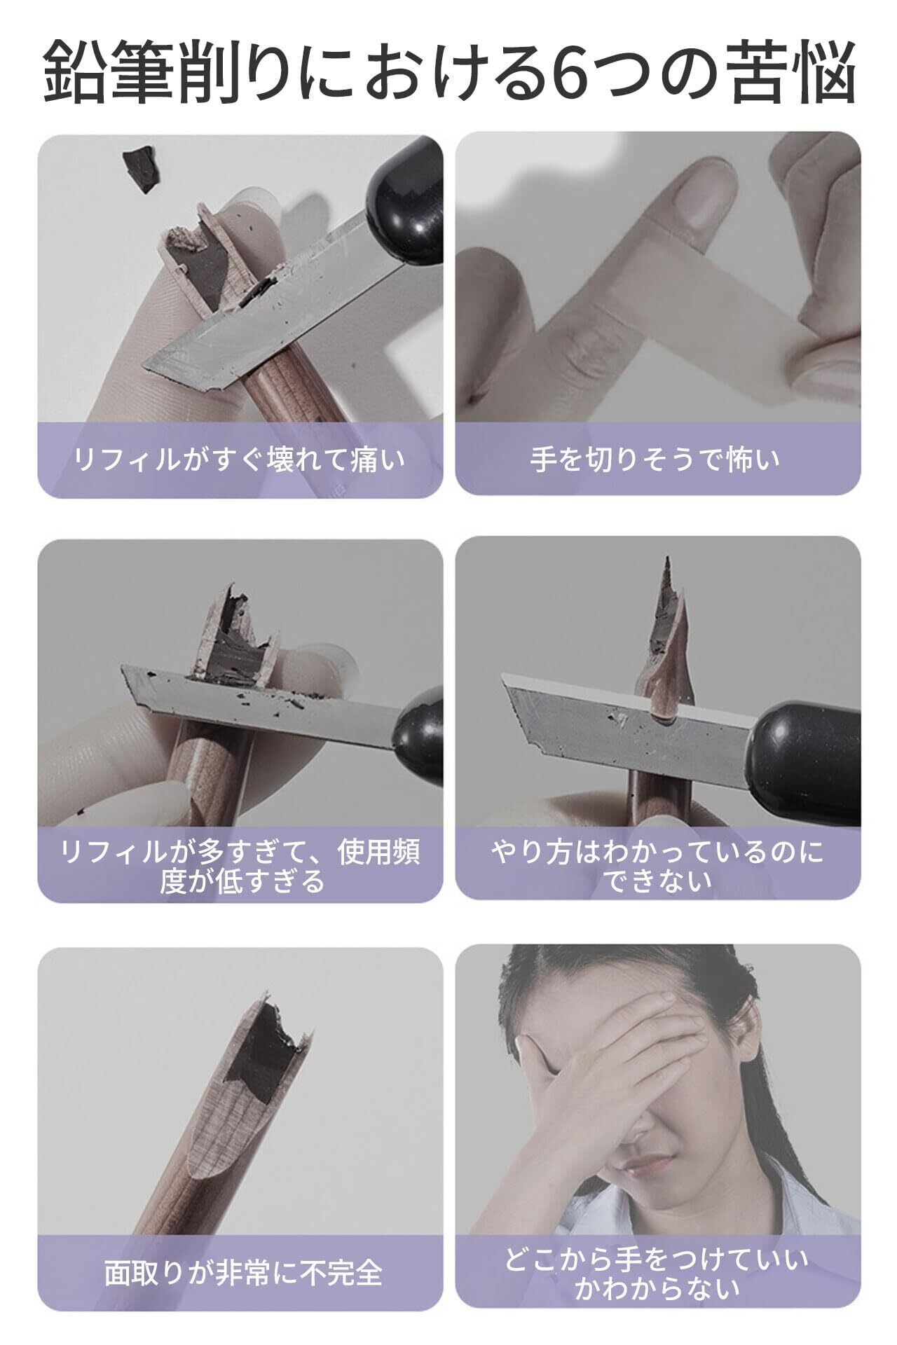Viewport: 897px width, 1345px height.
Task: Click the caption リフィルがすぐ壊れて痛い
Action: point(240,460)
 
